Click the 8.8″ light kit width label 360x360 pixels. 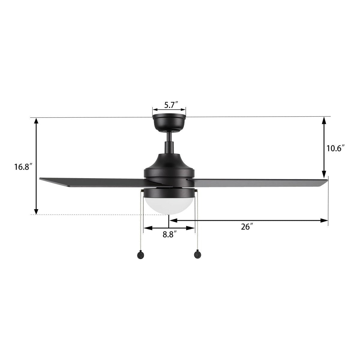(x=169, y=235)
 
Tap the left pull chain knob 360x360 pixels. (x=140, y=255)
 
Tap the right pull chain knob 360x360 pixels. (x=197, y=255)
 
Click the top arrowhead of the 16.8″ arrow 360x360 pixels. (x=36, y=121)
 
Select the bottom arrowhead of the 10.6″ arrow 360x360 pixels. (x=324, y=175)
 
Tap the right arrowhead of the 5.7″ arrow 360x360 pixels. (x=183, y=109)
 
